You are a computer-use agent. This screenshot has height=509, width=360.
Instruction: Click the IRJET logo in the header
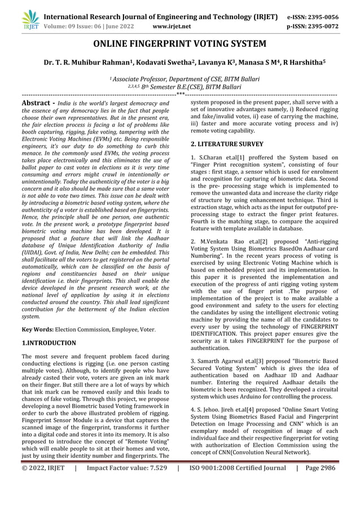tap(29, 20)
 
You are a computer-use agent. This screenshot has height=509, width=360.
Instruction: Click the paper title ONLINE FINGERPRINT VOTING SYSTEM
tap(179, 43)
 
